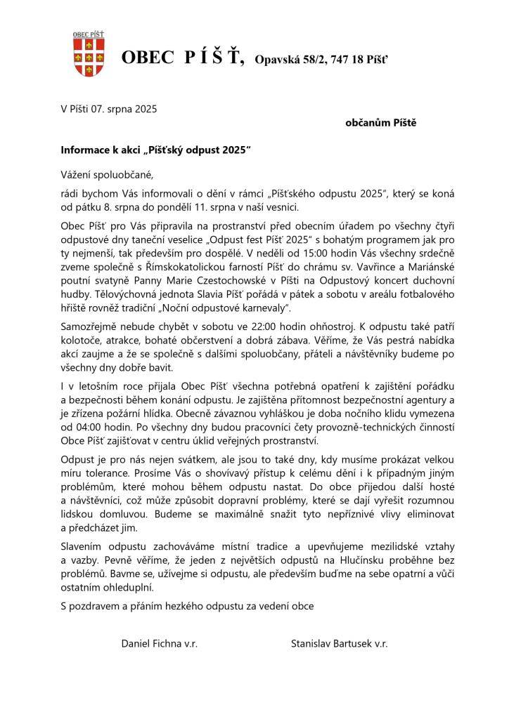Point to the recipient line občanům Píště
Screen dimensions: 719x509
380,123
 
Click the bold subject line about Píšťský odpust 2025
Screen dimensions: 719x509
155,150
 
